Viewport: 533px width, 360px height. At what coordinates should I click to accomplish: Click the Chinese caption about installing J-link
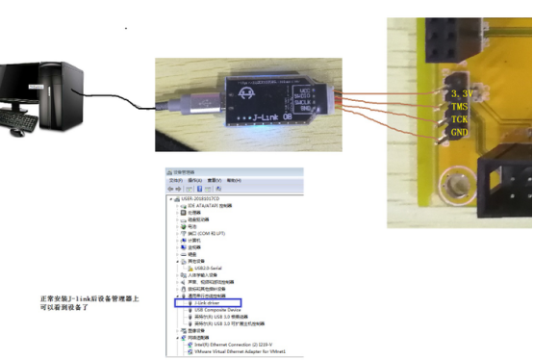(x=82, y=305)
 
